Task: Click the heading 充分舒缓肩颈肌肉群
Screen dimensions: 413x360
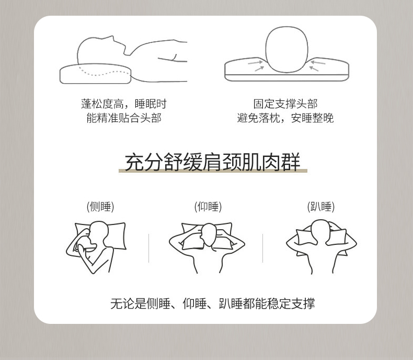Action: [x=213, y=162]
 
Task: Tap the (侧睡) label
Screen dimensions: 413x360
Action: [x=100, y=207]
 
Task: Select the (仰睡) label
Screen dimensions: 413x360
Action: [x=208, y=207]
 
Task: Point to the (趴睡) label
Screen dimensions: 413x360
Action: [x=321, y=207]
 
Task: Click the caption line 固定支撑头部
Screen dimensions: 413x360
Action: [x=285, y=104]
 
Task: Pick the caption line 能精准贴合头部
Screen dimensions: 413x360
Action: [x=124, y=118]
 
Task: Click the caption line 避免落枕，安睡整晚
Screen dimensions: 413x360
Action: [x=285, y=118]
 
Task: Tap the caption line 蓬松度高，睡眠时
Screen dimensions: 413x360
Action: [x=124, y=104]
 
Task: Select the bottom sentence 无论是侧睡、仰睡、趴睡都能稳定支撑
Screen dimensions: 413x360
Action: [x=213, y=303]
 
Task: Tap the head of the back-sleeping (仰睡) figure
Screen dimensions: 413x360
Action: [x=209, y=235]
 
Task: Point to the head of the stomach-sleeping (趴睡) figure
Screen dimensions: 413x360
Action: [x=320, y=229]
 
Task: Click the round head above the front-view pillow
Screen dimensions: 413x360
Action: [x=286, y=49]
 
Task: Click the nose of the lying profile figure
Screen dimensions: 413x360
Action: [x=113, y=39]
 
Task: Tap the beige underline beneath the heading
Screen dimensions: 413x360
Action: [x=213, y=171]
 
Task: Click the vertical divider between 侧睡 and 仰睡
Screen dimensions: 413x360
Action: [x=148, y=248]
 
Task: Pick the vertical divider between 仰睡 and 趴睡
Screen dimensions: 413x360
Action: [x=262, y=248]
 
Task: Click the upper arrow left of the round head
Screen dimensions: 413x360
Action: [x=255, y=62]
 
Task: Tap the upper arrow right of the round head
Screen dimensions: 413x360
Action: [x=318, y=62]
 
